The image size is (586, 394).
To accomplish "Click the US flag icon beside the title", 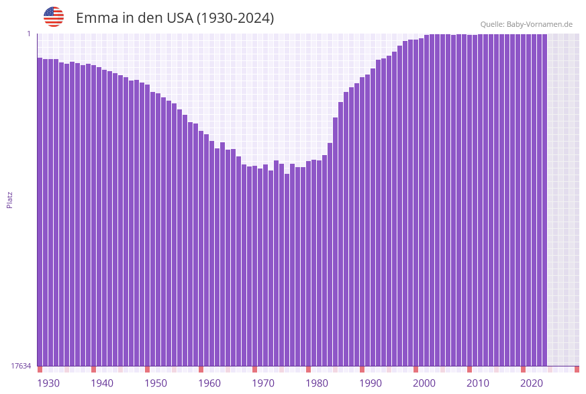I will pos(54,17).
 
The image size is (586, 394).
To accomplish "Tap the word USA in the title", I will pos(175,18).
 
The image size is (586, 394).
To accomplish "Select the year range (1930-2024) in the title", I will pos(235,18).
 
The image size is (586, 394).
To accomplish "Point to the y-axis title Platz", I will pos(10,199).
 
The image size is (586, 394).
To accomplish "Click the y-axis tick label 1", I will pos(29,34).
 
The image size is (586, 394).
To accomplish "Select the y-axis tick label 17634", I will pos(21,366).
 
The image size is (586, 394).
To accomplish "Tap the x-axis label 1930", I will pos(48,383).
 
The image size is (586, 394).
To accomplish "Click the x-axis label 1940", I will pos(102,383).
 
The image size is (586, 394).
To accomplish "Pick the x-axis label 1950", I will pos(156,383).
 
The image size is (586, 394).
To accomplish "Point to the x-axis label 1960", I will pos(209,383).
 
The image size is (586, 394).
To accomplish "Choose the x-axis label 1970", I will pos(263,383).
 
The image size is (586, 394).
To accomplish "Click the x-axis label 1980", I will pos(317,383).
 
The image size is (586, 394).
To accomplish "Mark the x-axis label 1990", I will pos(371,383).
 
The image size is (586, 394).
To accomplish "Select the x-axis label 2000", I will pos(424,383).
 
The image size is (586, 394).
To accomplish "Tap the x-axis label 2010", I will pos(478,383).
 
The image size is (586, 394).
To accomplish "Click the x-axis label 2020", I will pos(532,383).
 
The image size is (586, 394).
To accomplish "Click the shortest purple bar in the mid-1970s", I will pos(287,268).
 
